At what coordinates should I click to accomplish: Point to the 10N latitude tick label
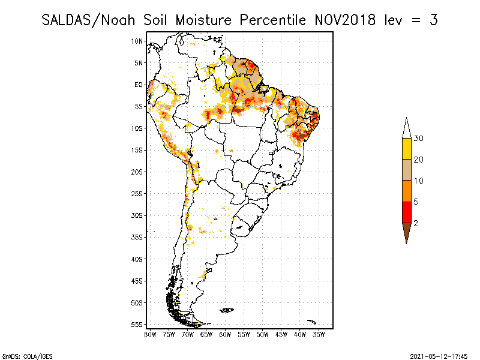pos(137,41)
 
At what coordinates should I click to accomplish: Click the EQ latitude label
pos(139,85)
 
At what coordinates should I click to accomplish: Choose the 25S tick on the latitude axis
pos(137,193)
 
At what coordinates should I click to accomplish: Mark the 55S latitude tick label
pos(137,324)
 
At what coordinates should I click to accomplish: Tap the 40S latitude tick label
pos(137,259)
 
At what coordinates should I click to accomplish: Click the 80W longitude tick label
pos(150,334)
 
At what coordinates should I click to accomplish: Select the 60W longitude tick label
pos(225,334)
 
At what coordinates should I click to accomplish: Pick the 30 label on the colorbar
pos(419,139)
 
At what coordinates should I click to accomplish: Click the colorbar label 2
pos(416,223)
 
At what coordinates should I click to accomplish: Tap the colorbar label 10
pos(419,181)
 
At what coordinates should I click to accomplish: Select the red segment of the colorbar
pos(406,212)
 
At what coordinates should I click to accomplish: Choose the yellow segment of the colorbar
pos(406,149)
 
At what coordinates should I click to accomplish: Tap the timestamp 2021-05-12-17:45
pos(439,356)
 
